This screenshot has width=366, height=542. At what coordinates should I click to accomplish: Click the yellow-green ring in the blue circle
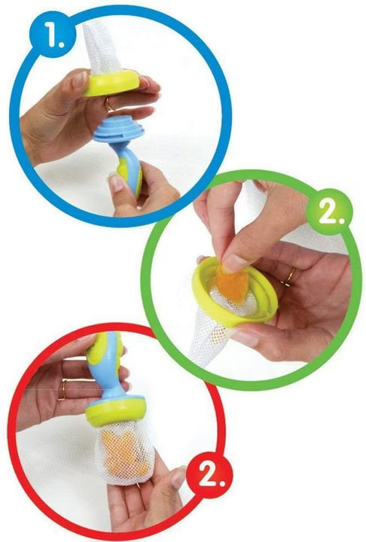coord(111,83)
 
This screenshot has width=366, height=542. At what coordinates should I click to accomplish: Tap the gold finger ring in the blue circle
coord(109,105)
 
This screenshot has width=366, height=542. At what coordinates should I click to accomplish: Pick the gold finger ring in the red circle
coord(63,389)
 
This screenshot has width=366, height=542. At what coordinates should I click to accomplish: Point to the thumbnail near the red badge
coord(178,477)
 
